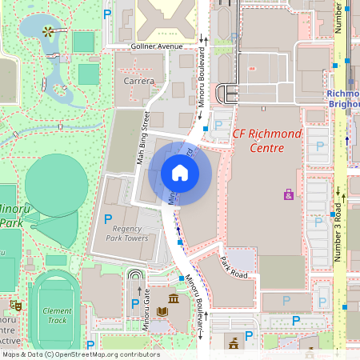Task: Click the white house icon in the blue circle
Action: [179, 173]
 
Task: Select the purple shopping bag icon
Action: [288, 194]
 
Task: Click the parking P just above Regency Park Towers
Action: [109, 218]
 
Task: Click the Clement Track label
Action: [57, 315]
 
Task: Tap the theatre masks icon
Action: [15, 306]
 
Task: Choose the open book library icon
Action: [162, 310]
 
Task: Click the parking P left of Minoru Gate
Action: [135, 303]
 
